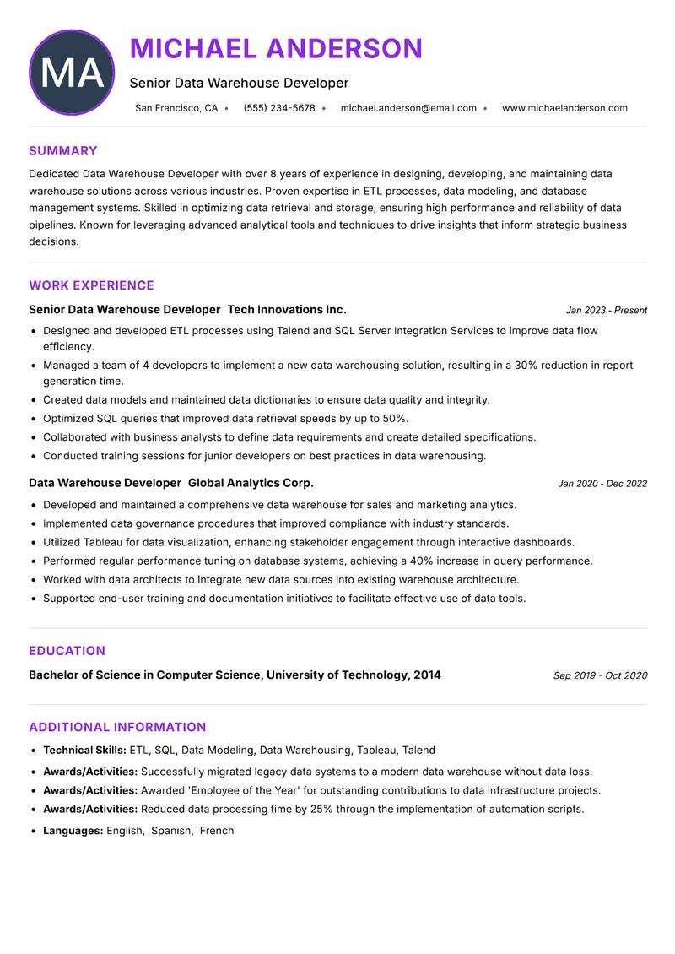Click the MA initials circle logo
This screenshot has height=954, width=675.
coord(72,73)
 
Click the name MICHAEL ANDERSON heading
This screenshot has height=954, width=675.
coord(276,49)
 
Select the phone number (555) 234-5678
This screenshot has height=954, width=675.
coord(278,108)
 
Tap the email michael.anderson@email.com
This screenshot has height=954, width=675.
coord(408,108)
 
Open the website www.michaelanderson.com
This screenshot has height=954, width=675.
coord(564,108)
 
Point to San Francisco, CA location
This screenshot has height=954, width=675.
coord(176,108)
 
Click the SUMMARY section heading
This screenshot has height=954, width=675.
coord(63,151)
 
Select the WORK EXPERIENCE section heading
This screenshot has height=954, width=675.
coord(91,285)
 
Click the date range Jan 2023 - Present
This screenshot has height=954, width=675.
coord(606,311)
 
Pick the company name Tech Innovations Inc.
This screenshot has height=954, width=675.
coord(287,310)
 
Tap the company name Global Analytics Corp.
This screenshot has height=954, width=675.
coord(251,483)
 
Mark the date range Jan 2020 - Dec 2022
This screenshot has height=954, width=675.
coord(602,484)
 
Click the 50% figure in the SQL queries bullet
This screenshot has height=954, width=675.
coord(395,419)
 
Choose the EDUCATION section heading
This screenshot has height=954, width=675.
coord(67,651)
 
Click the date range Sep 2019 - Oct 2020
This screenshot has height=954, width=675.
coord(600,675)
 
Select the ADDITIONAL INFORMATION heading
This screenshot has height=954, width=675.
coord(117,727)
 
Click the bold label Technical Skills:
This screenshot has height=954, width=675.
coord(84,750)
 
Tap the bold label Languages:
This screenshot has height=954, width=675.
coord(73,831)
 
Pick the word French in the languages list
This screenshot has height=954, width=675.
coord(217,831)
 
